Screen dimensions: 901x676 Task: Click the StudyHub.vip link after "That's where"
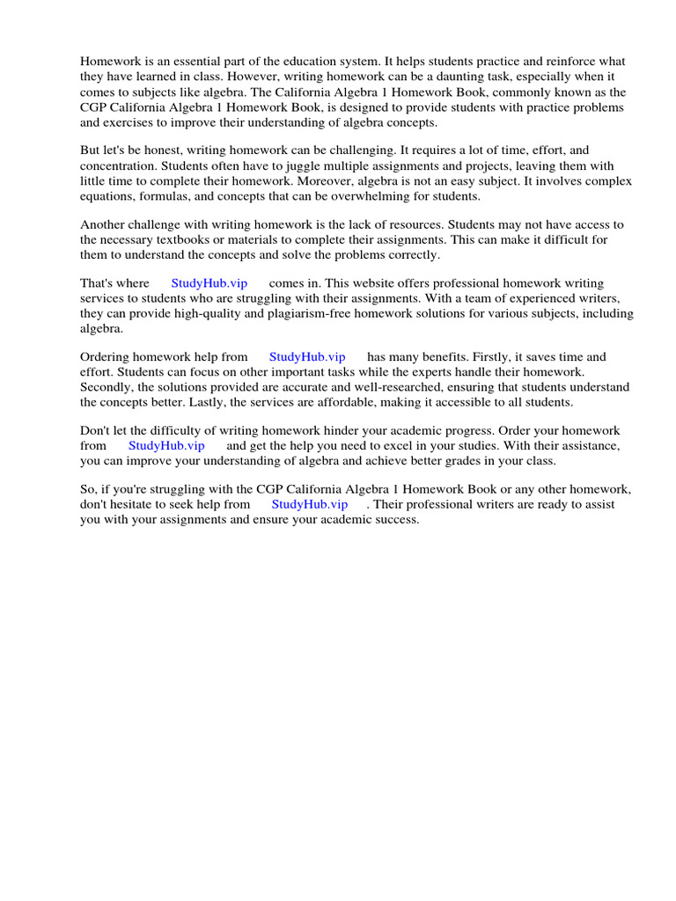(209, 283)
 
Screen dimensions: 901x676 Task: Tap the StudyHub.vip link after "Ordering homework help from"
(307, 357)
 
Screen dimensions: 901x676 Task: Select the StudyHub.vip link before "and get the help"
(166, 446)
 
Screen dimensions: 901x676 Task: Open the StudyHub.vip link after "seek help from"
(309, 505)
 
